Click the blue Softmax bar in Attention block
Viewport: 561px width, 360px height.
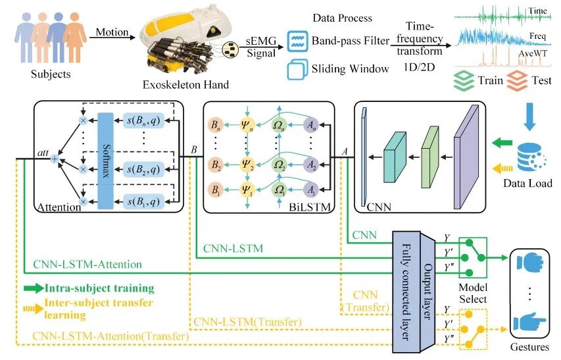click(105, 161)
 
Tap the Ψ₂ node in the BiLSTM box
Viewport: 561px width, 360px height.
click(247, 165)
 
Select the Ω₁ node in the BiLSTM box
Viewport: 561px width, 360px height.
click(279, 190)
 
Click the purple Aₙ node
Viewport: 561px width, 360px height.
click(311, 125)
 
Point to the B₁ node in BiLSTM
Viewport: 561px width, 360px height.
click(215, 190)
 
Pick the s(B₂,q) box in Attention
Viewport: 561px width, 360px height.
click(144, 169)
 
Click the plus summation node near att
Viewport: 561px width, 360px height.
click(55, 159)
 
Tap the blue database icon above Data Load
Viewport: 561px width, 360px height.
click(531, 158)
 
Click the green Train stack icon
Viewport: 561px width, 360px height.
click(464, 81)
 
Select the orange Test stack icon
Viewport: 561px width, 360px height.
click(517, 80)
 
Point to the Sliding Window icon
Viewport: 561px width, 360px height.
click(297, 69)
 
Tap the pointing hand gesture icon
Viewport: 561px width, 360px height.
click(529, 322)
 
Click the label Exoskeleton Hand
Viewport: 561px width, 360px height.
click(185, 85)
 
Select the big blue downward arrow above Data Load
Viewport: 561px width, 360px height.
click(529, 116)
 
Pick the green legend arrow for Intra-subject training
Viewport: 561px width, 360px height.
click(34, 288)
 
